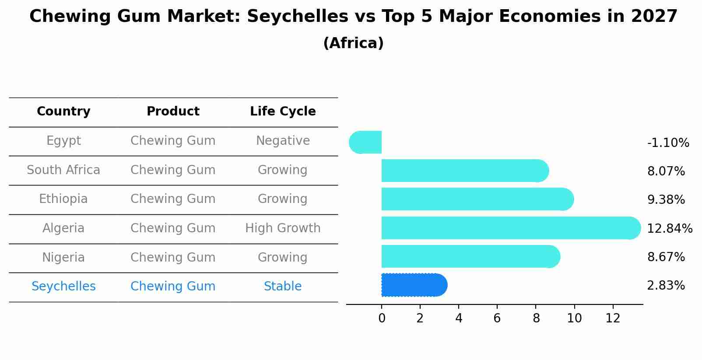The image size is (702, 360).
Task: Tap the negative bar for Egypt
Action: (x=366, y=142)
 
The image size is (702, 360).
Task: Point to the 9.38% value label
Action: (x=666, y=200)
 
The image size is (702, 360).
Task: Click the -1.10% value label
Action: (x=668, y=143)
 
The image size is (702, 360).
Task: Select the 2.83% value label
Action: (x=666, y=286)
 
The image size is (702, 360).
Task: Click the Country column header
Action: (x=63, y=112)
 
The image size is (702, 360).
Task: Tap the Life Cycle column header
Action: (x=283, y=112)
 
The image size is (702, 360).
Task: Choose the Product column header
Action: (x=173, y=112)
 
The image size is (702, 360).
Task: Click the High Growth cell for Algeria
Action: (x=283, y=228)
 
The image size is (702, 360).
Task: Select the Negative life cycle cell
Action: (x=283, y=141)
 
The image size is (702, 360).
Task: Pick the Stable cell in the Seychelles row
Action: (x=283, y=287)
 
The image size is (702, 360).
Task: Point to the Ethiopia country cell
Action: (x=63, y=199)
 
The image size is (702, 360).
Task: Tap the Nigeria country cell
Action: (x=63, y=258)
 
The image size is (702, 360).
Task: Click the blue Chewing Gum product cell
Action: (x=173, y=287)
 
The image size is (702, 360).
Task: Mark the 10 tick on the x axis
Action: (x=574, y=318)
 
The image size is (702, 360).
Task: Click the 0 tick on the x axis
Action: (x=382, y=318)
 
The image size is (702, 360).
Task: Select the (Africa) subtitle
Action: (x=353, y=43)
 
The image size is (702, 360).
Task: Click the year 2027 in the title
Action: (x=654, y=17)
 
